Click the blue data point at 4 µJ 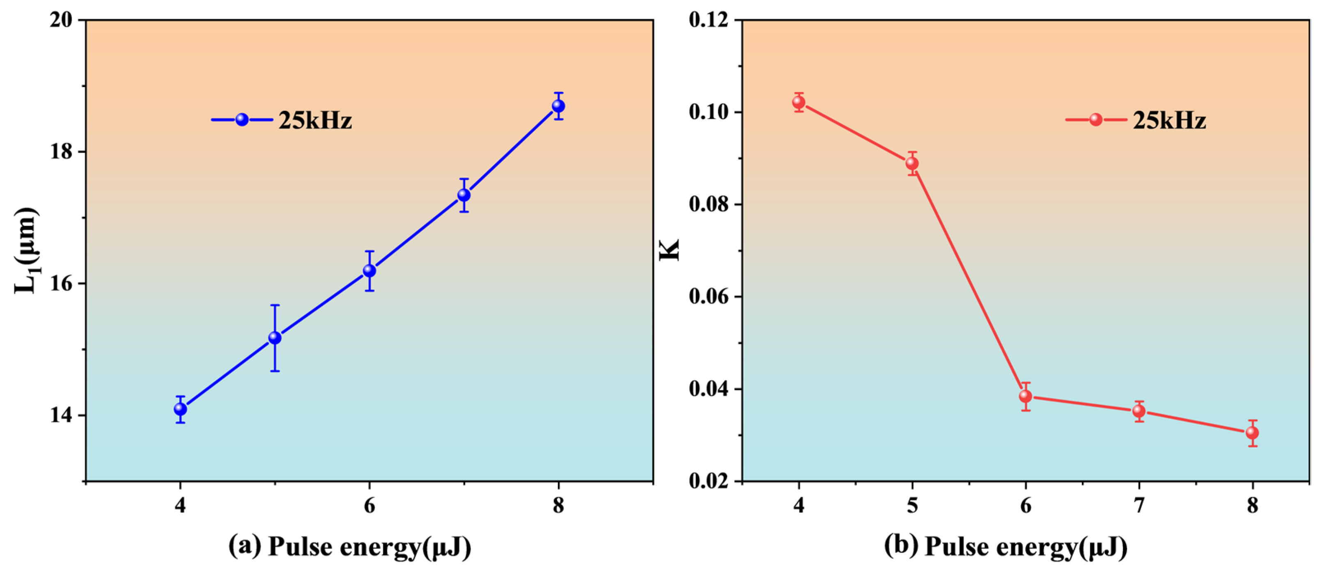(x=180, y=409)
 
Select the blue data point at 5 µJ (x=275, y=338)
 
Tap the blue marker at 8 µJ (x=558, y=106)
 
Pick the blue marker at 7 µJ (x=464, y=195)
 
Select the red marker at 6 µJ (x=1025, y=396)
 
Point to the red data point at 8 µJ (x=1252, y=433)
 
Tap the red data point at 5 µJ (x=912, y=163)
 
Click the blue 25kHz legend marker (x=242, y=120)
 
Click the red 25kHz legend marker (x=1095, y=120)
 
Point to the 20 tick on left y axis (x=60, y=21)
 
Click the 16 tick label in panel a (x=60, y=284)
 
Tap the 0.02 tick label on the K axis (x=709, y=481)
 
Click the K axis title (x=669, y=250)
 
